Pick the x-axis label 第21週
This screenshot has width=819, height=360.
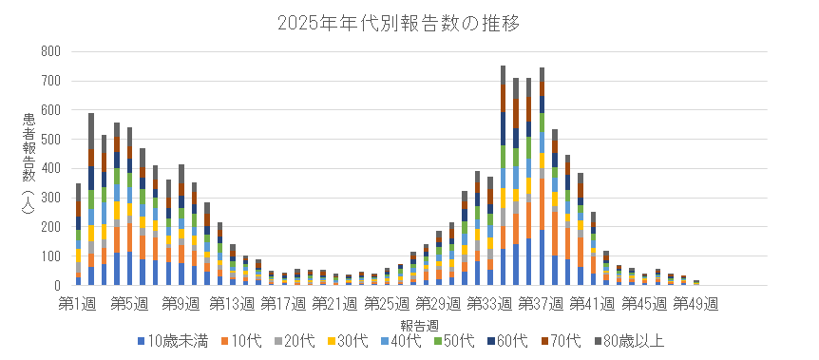click(x=333, y=304)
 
